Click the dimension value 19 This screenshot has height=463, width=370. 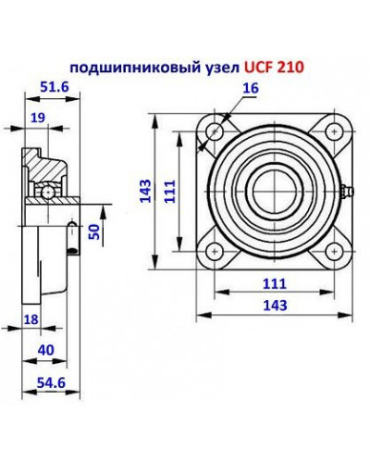pos(38,118)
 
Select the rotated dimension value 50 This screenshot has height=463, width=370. pos(92,231)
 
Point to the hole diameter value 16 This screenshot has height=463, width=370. pos(249,88)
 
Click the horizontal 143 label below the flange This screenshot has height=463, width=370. pos(274,305)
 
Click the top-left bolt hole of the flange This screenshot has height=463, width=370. pos(215,131)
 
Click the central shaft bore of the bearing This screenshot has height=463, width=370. pos(274,190)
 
